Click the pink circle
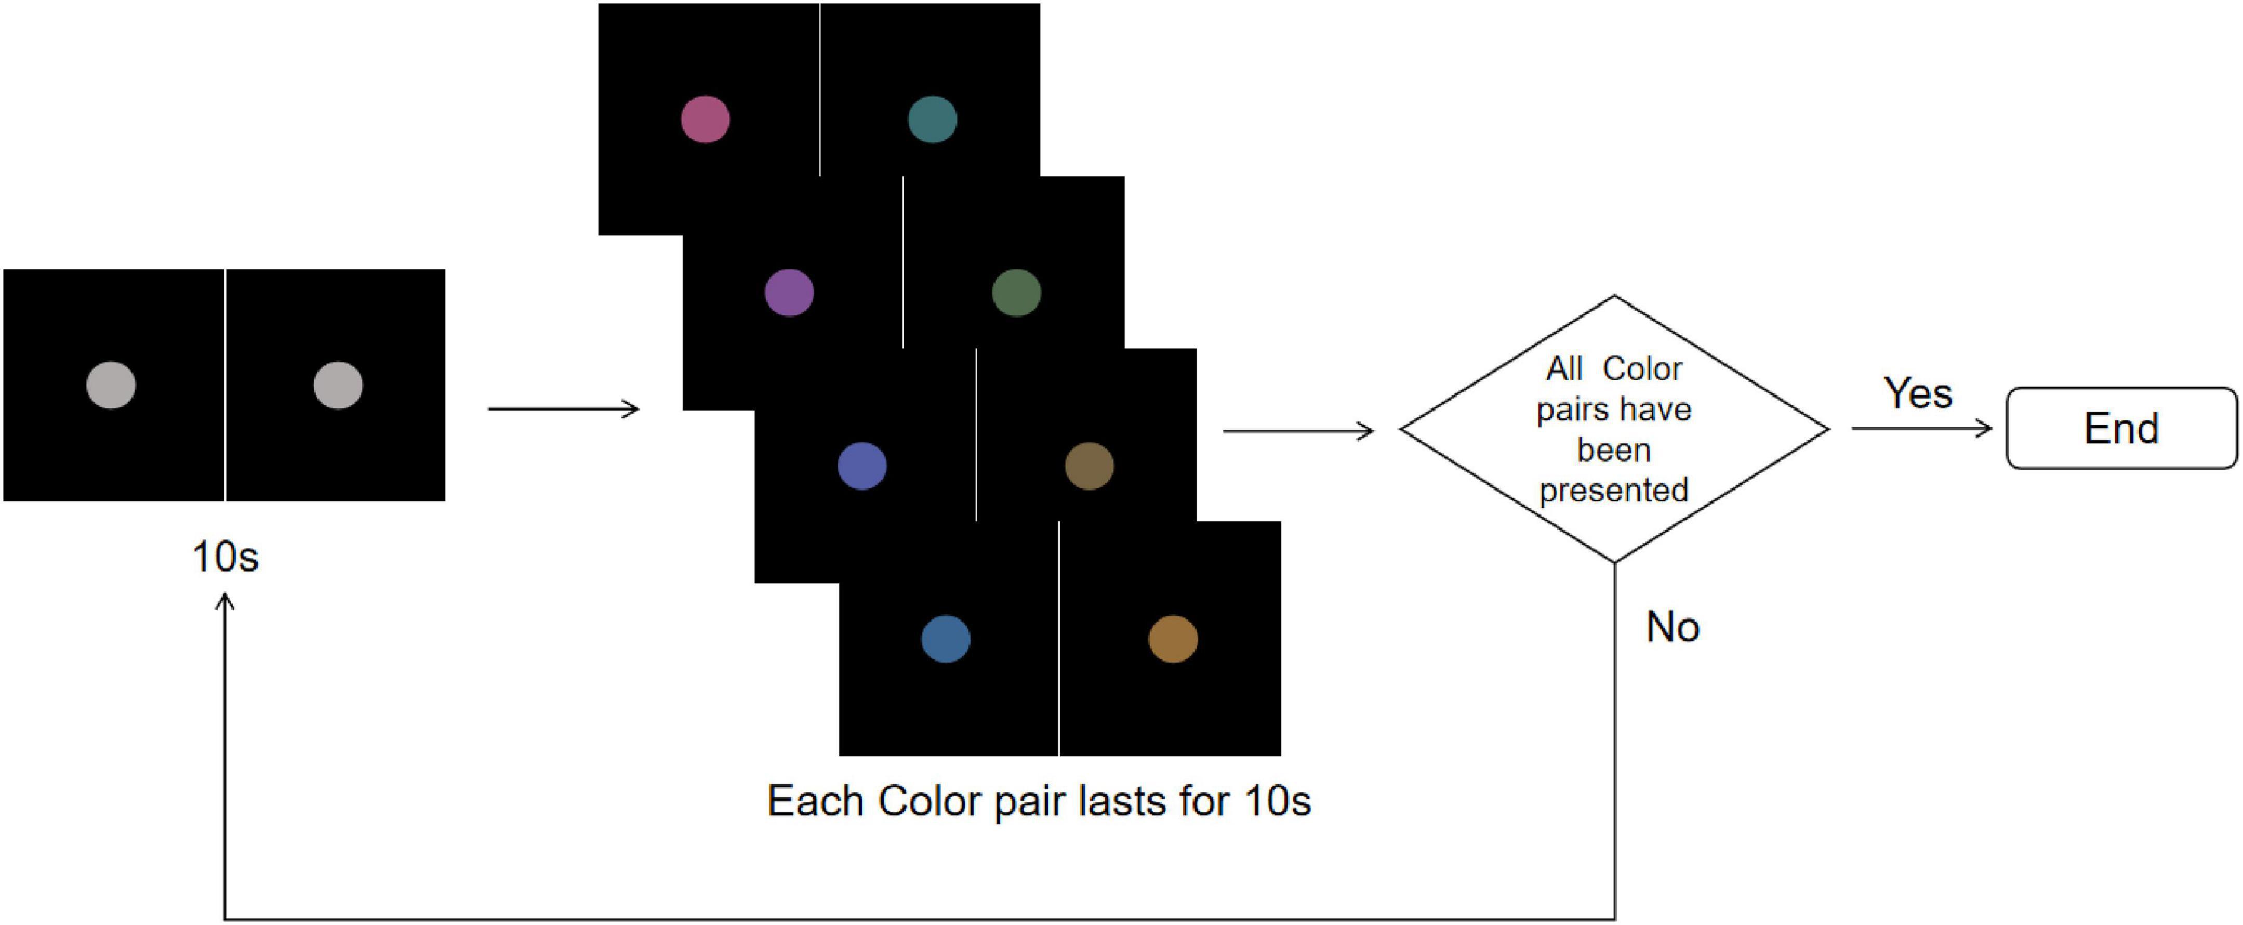pos(705,120)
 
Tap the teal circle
pos(933,120)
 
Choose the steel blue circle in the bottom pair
pos(946,639)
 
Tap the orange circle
pos(1173,639)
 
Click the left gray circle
pos(112,385)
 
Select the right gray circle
pos(338,385)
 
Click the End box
pos(2121,428)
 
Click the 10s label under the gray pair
pos(225,557)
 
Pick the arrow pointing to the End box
pos(1922,428)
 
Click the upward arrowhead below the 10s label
pos(225,603)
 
